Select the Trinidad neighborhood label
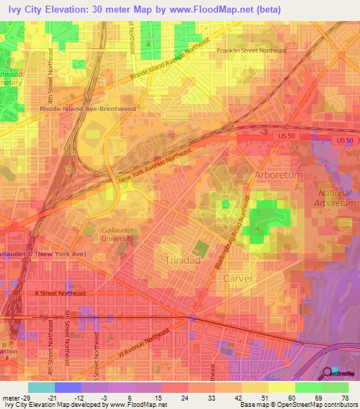click(x=182, y=260)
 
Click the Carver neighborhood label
click(x=237, y=278)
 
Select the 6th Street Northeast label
click(x=67, y=330)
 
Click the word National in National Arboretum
click(x=334, y=193)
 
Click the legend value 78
click(x=345, y=397)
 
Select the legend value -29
click(x=25, y=397)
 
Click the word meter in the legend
click(x=11, y=397)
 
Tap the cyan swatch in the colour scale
click(x=41, y=387)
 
